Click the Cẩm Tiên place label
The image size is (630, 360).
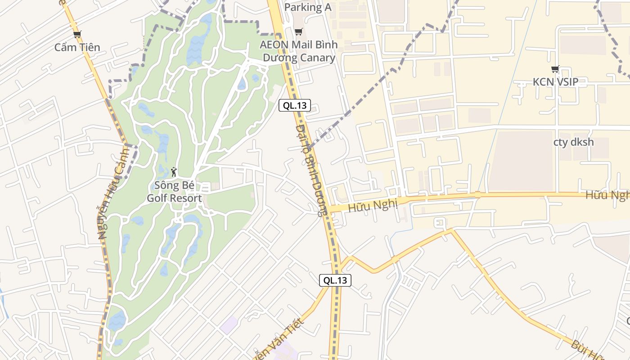77,47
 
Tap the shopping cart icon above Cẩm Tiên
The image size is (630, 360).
77,34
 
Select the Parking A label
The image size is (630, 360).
308,7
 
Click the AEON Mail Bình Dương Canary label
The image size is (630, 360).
298,51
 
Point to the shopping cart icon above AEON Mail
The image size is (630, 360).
298,32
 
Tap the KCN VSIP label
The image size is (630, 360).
555,82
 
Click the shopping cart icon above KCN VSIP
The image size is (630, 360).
555,69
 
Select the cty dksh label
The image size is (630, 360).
573,142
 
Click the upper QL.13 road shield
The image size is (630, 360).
295,106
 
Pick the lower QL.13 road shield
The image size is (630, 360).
335,280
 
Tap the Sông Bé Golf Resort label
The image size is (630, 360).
174,192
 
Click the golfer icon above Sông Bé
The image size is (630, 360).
174,171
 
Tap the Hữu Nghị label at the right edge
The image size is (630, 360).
607,195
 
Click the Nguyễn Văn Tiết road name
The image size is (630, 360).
279,340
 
